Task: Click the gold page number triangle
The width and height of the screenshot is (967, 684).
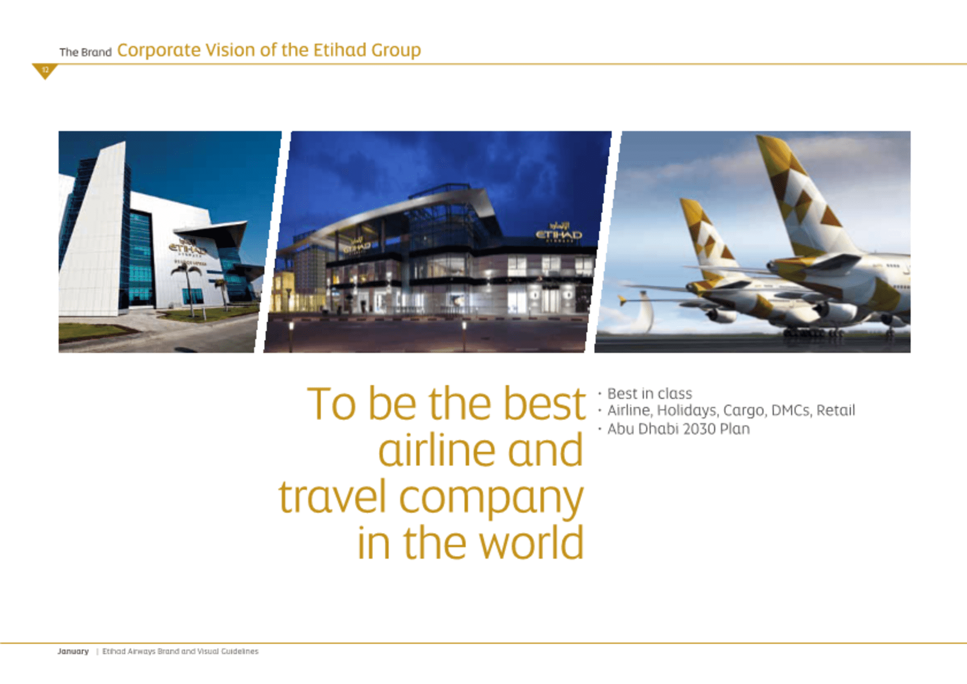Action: pyautogui.click(x=45, y=71)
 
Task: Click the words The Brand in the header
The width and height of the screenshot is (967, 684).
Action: pyautogui.click(x=85, y=52)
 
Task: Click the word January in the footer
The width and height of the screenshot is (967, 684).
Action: pyautogui.click(x=73, y=651)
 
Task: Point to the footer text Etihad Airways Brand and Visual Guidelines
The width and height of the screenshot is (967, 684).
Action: pyautogui.click(x=180, y=651)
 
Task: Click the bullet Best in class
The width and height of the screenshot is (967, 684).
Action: pyautogui.click(x=649, y=393)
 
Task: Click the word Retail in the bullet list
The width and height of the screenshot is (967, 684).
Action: pyautogui.click(x=836, y=411)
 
